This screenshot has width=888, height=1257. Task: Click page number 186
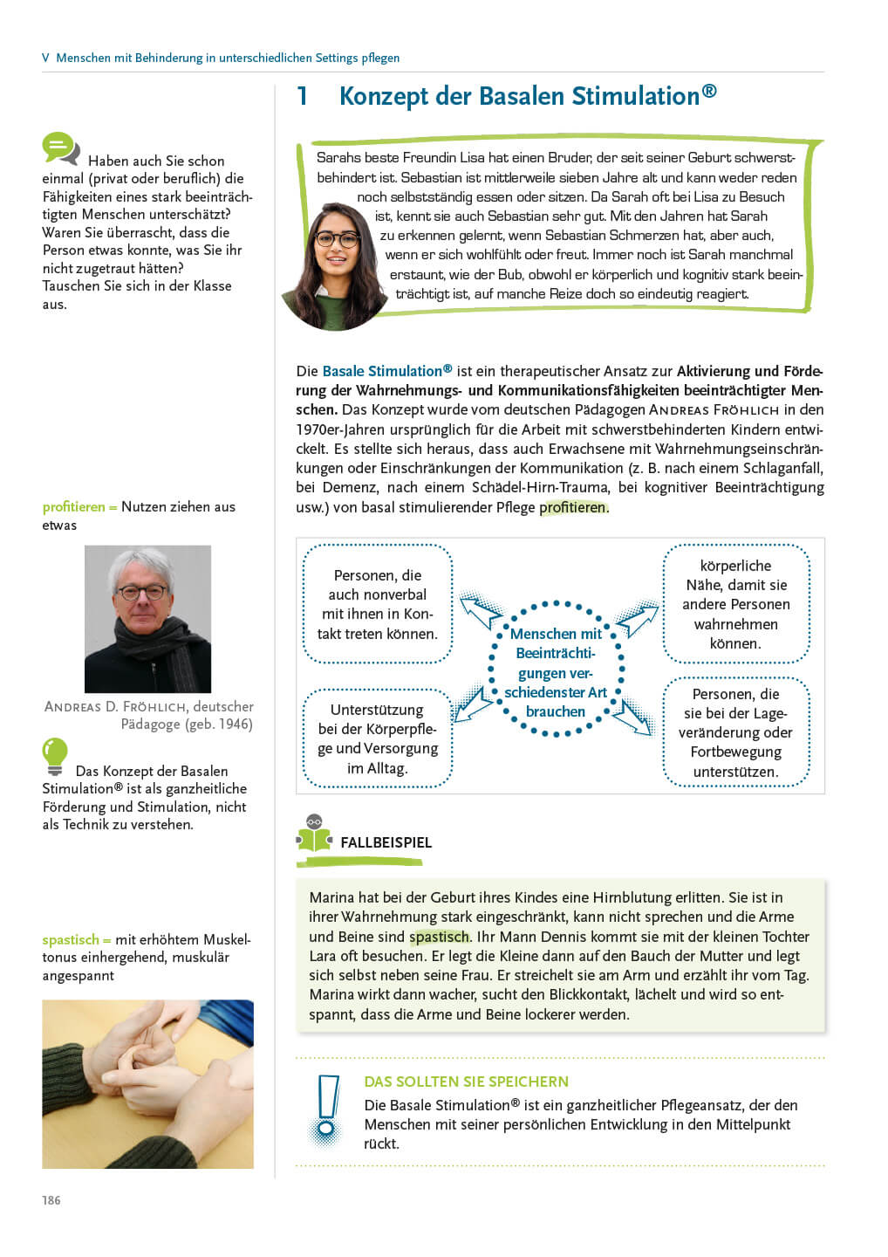(x=51, y=1200)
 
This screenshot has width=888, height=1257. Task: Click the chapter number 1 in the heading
(x=302, y=96)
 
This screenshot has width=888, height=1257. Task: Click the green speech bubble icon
(x=60, y=148)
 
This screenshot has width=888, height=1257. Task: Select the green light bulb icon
(x=54, y=756)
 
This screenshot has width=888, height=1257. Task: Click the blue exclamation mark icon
(x=327, y=1109)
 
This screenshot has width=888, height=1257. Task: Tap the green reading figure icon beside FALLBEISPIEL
(x=314, y=834)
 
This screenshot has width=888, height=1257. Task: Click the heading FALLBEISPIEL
(x=386, y=842)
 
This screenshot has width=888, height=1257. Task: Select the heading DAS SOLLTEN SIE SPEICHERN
(x=466, y=1082)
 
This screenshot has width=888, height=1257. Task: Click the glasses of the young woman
(x=337, y=238)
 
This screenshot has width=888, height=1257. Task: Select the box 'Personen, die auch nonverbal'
(x=377, y=604)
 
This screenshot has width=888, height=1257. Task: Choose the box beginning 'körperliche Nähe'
(x=735, y=604)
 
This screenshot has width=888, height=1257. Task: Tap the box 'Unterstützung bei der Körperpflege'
(x=377, y=738)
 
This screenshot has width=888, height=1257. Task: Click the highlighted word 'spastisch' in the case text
(x=439, y=937)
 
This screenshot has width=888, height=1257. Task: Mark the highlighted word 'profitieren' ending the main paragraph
(x=572, y=507)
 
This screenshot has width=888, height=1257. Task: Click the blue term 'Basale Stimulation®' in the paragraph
(x=386, y=371)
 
